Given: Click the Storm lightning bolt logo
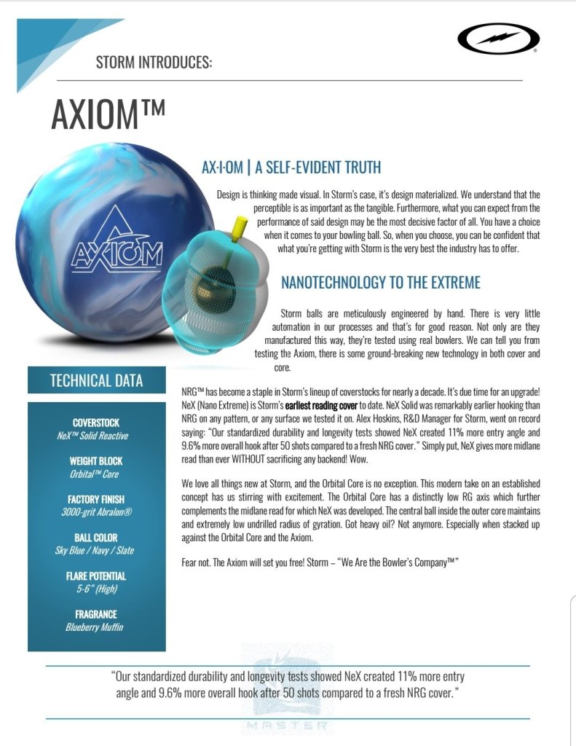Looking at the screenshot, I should point(498,41).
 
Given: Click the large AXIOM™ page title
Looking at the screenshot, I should point(108,114).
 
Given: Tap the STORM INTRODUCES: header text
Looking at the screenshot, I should point(154,63).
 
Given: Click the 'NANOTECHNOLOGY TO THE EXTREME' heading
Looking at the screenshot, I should point(380,283).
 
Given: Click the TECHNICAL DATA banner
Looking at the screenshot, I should point(96,380).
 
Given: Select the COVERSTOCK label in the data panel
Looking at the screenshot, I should point(96,423).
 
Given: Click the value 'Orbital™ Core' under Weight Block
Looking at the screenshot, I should point(96,474).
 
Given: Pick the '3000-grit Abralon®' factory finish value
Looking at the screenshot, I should point(96,512).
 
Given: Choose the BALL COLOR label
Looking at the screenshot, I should point(96,538).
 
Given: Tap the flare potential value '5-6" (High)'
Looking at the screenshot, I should point(96,588).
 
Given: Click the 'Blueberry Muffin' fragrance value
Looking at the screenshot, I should point(96,627).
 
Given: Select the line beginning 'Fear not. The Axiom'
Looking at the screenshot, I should point(320,562).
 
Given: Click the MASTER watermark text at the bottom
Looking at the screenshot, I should point(288,726).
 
